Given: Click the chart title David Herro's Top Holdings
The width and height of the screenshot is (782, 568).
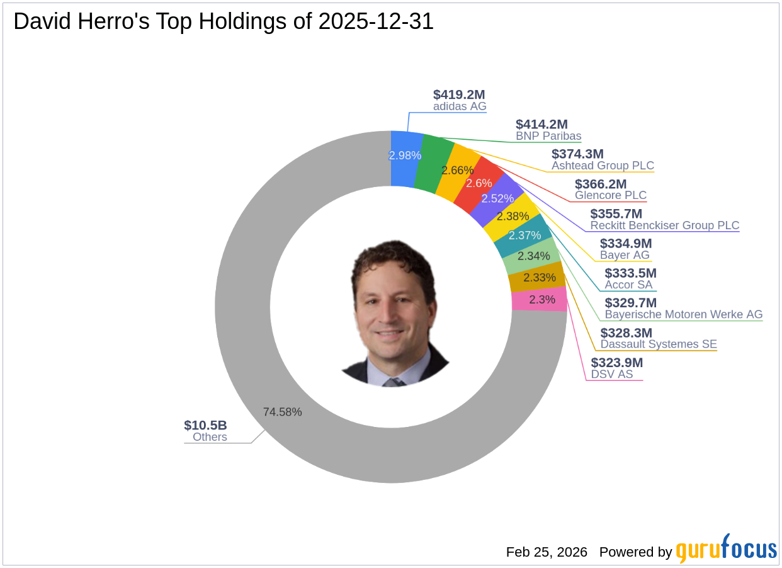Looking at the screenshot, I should point(224,21).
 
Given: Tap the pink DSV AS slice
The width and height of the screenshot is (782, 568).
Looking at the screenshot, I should point(539,299).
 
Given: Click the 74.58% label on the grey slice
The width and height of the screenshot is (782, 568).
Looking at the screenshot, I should point(282,412).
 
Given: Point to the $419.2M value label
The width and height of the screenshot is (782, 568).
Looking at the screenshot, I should point(459,94).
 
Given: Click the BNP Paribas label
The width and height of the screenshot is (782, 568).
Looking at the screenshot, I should point(548,136).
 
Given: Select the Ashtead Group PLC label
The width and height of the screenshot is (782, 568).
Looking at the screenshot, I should point(603,166).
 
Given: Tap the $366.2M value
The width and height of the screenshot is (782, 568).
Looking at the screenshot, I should point(601,184).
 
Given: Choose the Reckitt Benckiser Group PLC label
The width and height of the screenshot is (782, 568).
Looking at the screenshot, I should point(664,225).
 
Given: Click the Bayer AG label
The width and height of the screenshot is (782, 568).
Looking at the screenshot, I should point(625,255).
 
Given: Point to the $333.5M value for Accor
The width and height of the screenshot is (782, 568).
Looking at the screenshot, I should point(630,273).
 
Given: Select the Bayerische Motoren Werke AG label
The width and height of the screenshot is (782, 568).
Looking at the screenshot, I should point(683,314).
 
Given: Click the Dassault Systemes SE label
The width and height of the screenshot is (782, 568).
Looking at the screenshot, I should point(658,344).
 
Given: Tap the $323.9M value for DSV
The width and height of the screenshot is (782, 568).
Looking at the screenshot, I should point(616,363).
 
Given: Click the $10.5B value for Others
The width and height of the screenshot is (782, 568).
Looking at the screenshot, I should point(205,425).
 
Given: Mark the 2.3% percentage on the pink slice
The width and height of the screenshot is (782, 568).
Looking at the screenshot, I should point(541,300).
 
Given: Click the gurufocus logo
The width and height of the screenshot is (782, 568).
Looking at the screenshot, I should point(727,549).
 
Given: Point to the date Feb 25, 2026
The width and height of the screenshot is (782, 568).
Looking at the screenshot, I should point(547,552).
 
